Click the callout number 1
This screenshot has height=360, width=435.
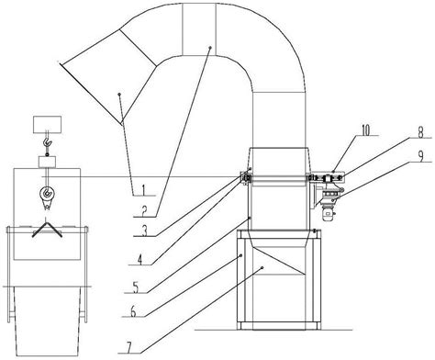click(141, 190)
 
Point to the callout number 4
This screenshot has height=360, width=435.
click(139, 260)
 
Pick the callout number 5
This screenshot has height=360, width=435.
click(136, 287)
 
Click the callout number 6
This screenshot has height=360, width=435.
click(133, 312)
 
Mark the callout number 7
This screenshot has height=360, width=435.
click(129, 347)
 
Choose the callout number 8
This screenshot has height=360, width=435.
click(421, 132)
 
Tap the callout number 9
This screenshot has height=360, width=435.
click(421, 156)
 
